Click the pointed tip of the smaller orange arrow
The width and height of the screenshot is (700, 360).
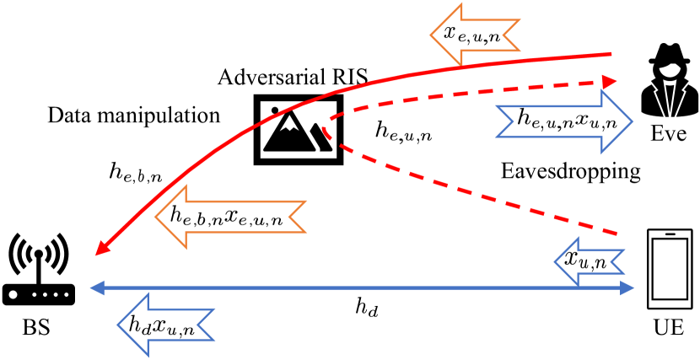pyautogui.click(x=431, y=35)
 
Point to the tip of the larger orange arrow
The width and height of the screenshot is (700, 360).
pyautogui.click(x=155, y=217)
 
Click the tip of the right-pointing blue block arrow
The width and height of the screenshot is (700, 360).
pyautogui.click(x=632, y=122)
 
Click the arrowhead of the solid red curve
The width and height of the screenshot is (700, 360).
pyautogui.click(x=99, y=252)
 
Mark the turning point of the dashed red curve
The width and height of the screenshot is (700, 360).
pyautogui.click(x=323, y=130)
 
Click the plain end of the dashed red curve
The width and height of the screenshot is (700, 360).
pyautogui.click(x=617, y=233)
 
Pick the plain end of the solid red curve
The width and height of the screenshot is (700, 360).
pyautogui.click(x=610, y=54)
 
